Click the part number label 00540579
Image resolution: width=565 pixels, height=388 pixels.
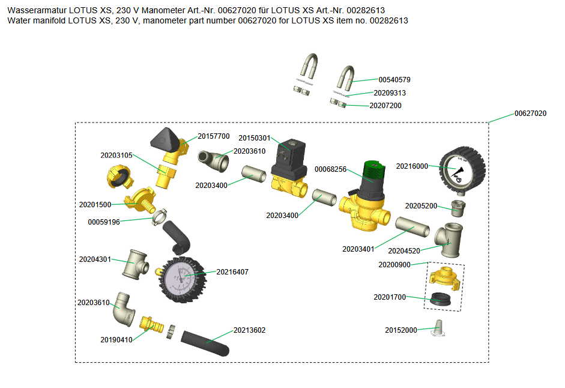pos(394,79)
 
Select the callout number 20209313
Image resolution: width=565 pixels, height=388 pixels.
pos(390,93)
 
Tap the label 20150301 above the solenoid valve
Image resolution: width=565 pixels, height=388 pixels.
pos(254,138)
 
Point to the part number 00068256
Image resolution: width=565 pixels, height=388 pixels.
pos(331,169)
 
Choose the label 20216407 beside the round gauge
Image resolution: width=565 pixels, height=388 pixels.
pos(232,272)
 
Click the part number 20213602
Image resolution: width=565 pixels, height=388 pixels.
pos(249,330)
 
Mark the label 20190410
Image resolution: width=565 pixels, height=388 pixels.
pos(116,339)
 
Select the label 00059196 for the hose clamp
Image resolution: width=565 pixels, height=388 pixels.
pos(104,222)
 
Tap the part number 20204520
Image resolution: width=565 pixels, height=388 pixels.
pos(404,250)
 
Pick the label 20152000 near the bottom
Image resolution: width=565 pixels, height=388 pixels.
pos(400,330)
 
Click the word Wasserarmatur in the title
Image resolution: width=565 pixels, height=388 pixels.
pos(37,10)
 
